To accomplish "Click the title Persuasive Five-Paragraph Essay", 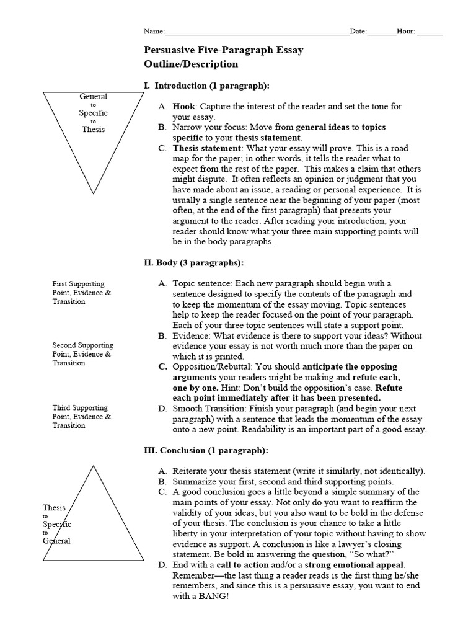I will tap(223, 50).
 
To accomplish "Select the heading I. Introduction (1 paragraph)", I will tap(206, 85).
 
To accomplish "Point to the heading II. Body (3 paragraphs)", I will tap(193, 262).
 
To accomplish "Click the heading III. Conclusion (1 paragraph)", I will tap(205, 450).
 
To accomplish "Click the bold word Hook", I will tap(183, 107).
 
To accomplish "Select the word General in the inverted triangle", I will tap(93, 96).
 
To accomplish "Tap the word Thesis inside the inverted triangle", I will tap(93, 130).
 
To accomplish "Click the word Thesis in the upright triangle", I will tap(54, 508).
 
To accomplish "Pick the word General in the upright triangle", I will tap(56, 540).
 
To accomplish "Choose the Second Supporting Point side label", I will tap(82, 354).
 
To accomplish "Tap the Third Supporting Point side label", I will tap(81, 417).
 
